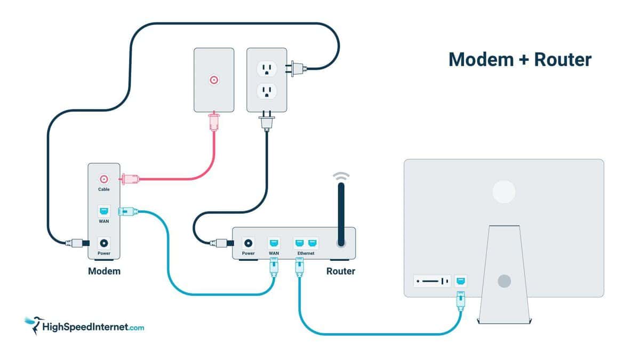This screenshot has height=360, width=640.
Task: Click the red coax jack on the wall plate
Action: tap(214, 80)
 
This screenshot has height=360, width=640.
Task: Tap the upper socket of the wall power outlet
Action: tap(267, 69)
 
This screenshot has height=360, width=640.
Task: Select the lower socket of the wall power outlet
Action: tap(267, 91)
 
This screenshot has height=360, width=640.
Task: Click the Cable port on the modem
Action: tap(103, 179)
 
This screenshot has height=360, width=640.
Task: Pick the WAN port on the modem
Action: tap(103, 211)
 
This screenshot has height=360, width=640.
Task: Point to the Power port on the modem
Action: tap(103, 243)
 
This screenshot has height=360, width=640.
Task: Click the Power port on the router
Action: tap(249, 243)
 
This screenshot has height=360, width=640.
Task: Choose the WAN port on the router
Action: tap(274, 243)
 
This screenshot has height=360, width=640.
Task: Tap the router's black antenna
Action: tap(341, 214)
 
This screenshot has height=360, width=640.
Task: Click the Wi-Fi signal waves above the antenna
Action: tap(341, 176)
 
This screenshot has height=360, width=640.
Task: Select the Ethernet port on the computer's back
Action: tap(461, 281)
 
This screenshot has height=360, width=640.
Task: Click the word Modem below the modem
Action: tap(104, 271)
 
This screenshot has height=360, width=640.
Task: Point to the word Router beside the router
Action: tap(341, 271)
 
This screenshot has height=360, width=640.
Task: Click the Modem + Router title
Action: tap(520, 60)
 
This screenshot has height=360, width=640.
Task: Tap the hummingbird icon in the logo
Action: tap(34, 325)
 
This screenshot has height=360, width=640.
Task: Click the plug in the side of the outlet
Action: tap(296, 69)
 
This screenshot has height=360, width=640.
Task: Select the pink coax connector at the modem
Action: tap(129, 179)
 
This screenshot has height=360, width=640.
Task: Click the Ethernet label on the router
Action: tap(306, 253)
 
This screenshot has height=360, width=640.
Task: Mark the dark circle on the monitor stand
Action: tap(505, 281)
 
